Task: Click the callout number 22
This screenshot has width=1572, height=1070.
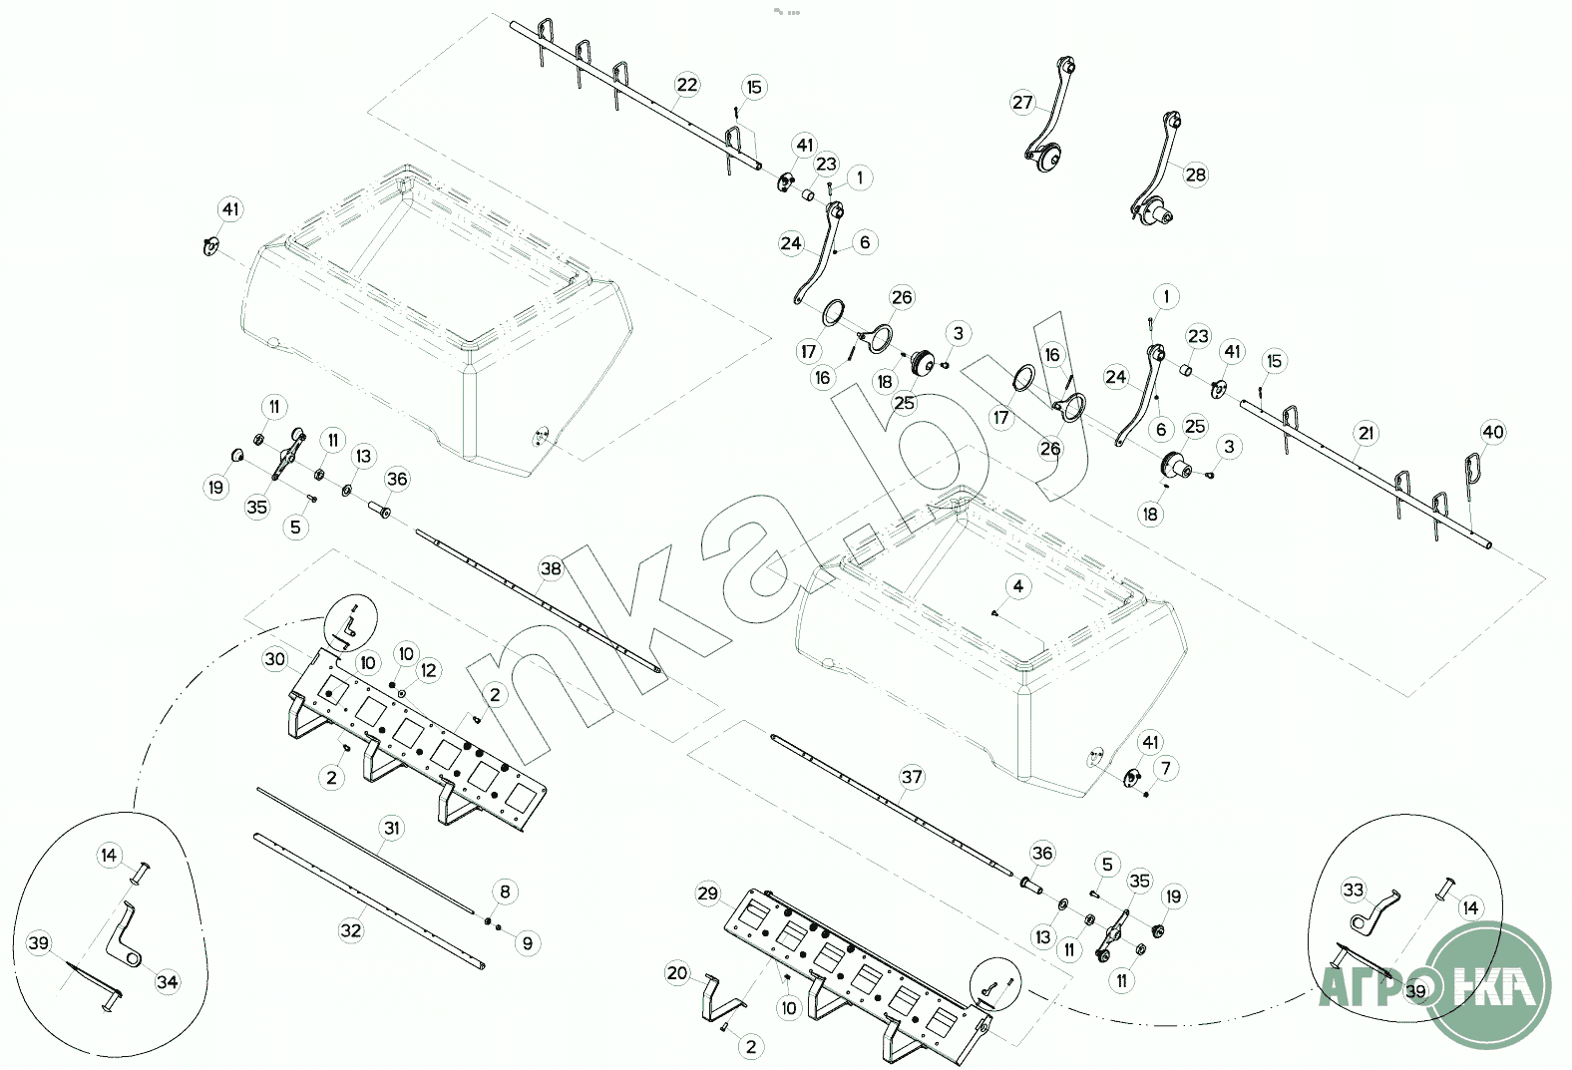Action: click(x=686, y=85)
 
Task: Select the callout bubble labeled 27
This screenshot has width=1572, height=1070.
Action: click(x=1022, y=103)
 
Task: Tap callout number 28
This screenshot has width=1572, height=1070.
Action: click(x=1195, y=174)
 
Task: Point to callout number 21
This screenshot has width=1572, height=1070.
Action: click(x=1366, y=433)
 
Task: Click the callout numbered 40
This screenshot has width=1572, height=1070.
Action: click(x=1492, y=432)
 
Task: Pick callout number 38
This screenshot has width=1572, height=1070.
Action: click(x=551, y=568)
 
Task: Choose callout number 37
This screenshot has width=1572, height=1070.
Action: click(x=912, y=777)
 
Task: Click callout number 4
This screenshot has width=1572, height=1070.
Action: click(x=1018, y=586)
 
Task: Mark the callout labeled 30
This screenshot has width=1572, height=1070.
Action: click(x=275, y=659)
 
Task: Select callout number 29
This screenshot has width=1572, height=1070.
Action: click(x=707, y=893)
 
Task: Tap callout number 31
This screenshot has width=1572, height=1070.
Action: click(x=392, y=828)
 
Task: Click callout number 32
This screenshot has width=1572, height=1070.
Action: click(x=351, y=930)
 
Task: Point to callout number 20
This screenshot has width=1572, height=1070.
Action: click(x=677, y=973)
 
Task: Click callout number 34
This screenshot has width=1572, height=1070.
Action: click(x=167, y=982)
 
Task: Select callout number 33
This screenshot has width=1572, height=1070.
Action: click(x=1353, y=891)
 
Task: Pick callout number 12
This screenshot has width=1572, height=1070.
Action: click(x=429, y=671)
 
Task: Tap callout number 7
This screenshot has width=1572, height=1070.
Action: click(x=1166, y=768)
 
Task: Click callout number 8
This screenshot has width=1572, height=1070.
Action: click(x=506, y=892)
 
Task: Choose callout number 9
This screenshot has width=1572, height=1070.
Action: click(x=528, y=943)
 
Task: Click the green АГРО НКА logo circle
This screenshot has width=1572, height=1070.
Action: click(x=1487, y=985)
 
